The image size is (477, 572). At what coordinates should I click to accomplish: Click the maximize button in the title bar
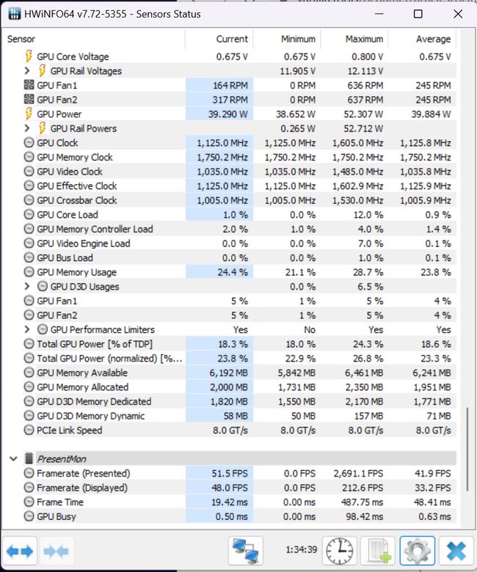tap(418, 14)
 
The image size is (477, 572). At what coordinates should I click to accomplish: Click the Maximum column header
tap(364, 39)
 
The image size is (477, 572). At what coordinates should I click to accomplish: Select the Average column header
tap(432, 39)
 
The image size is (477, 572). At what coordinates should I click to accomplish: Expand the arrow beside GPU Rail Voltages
tap(28, 71)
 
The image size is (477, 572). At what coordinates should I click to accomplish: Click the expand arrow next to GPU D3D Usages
tap(28, 287)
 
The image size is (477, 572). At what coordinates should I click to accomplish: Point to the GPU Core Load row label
tap(67, 215)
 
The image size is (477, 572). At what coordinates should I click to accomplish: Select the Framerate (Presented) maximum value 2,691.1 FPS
tap(357, 474)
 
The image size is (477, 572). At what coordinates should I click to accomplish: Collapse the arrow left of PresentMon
tap(13, 458)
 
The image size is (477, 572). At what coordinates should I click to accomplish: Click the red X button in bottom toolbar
tap(456, 550)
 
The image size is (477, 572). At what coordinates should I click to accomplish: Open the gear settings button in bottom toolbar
tap(417, 550)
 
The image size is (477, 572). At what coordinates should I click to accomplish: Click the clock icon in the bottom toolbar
tap(339, 550)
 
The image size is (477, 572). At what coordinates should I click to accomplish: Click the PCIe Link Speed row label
tap(69, 430)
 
